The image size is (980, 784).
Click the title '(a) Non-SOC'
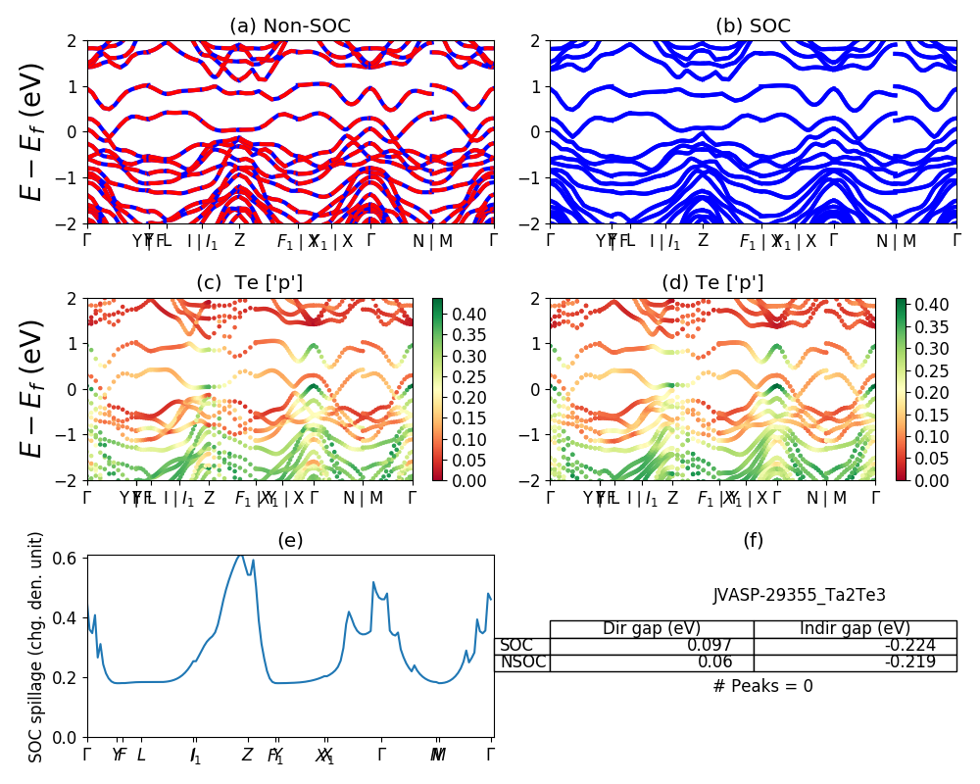290,26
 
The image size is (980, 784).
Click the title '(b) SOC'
753,26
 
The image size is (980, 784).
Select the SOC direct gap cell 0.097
652,646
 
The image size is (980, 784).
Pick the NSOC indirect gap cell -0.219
855,662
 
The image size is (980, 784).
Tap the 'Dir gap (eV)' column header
652,628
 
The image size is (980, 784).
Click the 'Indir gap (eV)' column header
855,628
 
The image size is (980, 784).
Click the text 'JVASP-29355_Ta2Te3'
785,595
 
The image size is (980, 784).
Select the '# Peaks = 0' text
762,686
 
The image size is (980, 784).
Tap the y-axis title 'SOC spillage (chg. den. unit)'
36,647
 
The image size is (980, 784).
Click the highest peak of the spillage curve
240,555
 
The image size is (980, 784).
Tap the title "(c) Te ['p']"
250,283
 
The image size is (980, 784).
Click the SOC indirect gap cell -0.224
855,646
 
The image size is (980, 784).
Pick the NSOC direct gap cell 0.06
652,662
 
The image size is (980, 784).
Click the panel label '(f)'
753,540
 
